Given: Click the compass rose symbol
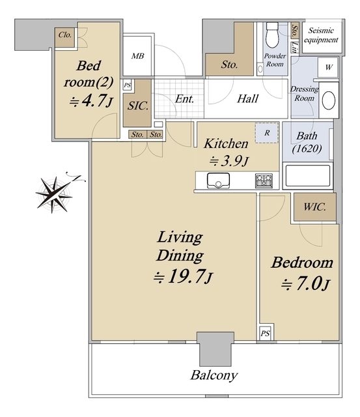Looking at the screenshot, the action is (55, 194).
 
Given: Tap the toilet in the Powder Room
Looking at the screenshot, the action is (272, 35).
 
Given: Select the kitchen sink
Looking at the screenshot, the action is (218, 180).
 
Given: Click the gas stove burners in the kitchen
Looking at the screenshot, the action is (264, 180).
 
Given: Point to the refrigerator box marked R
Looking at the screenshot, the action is (266, 133).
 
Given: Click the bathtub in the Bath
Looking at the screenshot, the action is (308, 176).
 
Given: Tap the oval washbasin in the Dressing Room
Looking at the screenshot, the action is (329, 100).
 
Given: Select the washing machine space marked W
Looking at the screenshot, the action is (328, 67).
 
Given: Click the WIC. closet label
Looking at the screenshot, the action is (314, 207).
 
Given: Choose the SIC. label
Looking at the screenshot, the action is (137, 106).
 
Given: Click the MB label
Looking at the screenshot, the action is (137, 56).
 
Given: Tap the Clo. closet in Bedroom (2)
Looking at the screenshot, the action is (65, 38).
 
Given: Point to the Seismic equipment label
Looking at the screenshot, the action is (321, 35).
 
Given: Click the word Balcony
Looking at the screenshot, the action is (214, 375).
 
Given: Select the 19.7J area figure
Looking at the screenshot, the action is (184, 276).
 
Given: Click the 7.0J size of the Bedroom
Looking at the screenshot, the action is (305, 284).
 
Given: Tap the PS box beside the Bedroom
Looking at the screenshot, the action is (265, 333).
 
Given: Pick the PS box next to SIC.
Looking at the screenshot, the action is (128, 85).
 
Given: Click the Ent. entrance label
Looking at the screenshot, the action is (184, 99).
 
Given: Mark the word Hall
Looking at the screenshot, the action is (247, 98).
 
